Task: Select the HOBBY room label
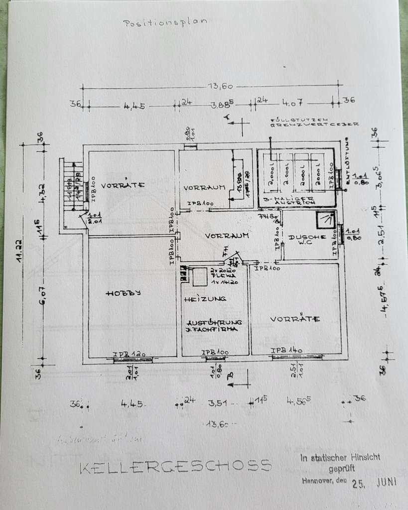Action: (x=123, y=293)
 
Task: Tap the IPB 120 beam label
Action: (x=129, y=354)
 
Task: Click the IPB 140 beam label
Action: (x=287, y=350)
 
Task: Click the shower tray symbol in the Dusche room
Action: (x=326, y=220)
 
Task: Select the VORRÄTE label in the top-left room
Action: (x=123, y=185)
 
